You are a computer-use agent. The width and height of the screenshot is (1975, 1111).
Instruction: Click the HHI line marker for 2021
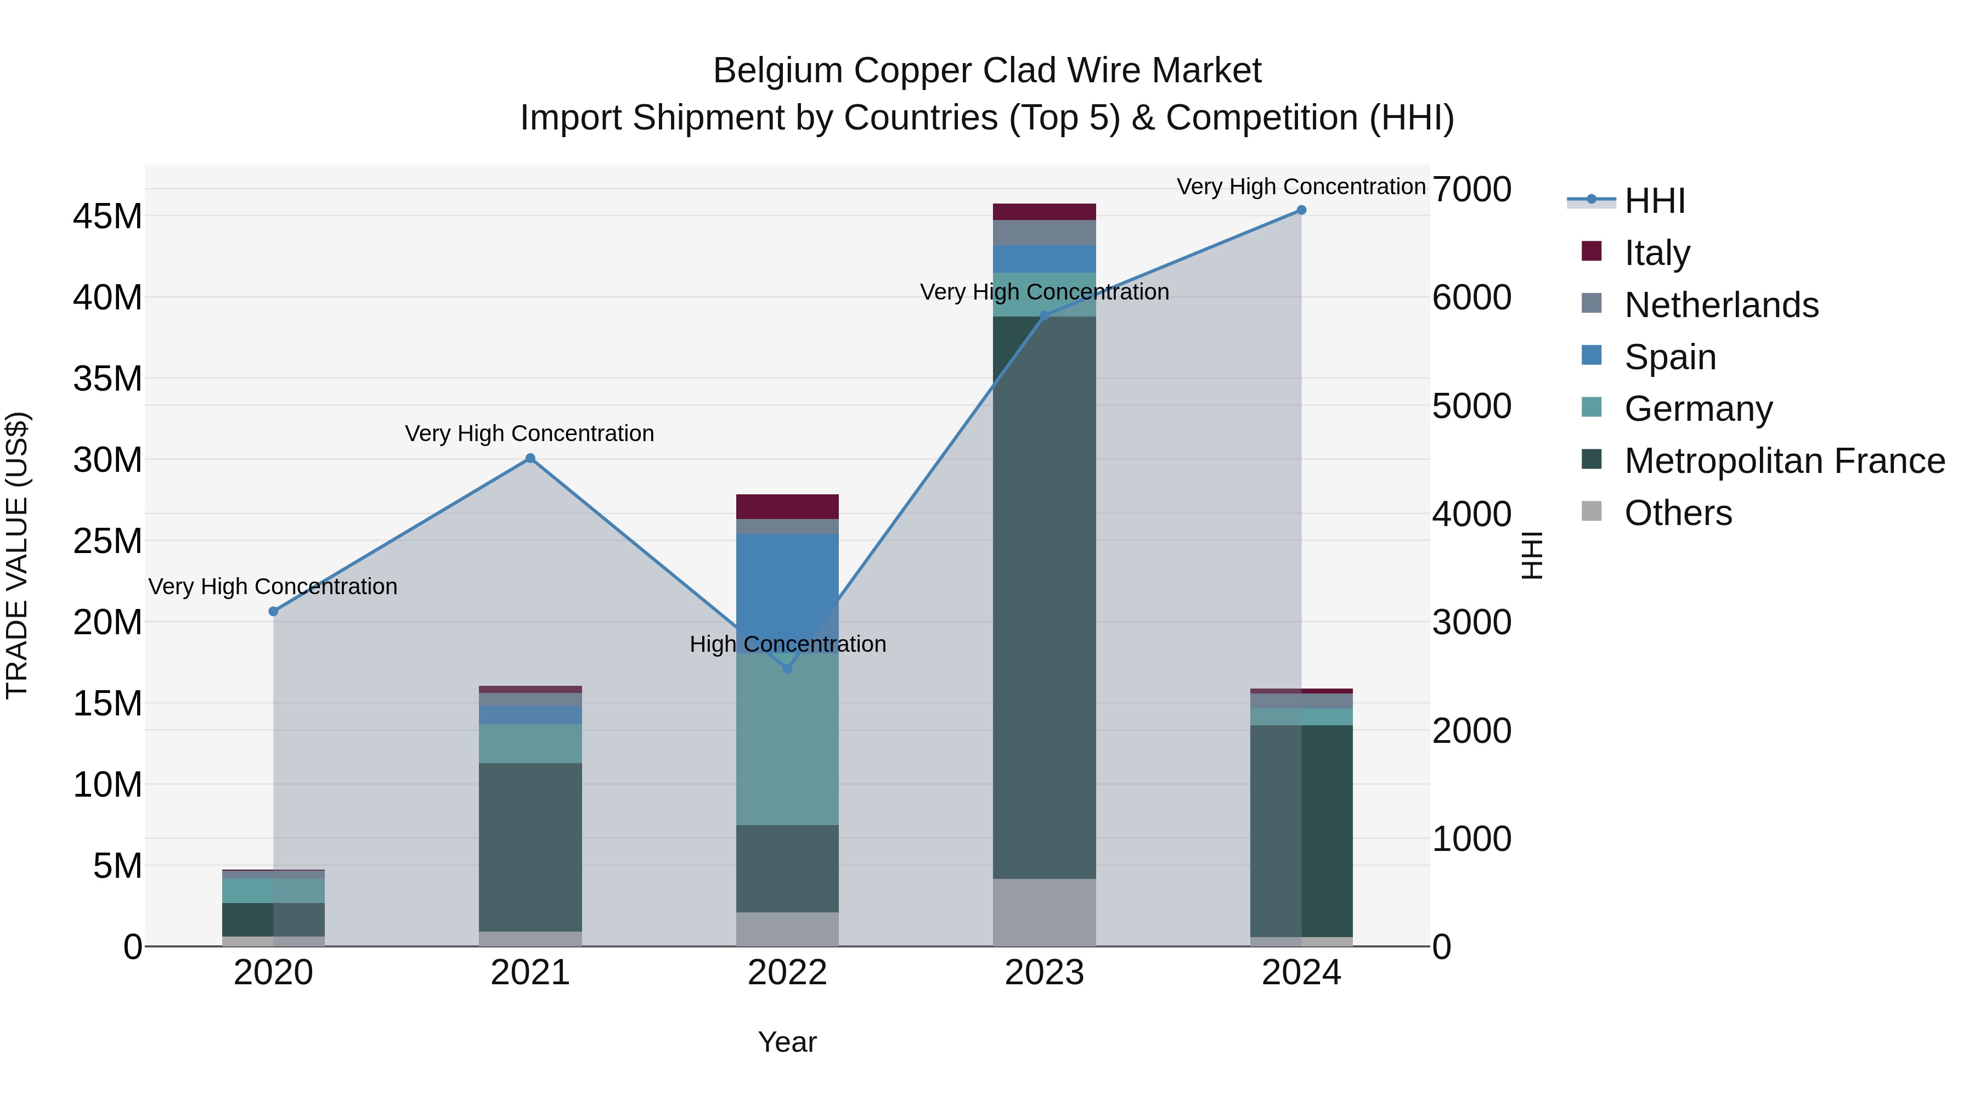(530, 459)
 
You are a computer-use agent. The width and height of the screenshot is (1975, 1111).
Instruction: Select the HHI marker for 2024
(1301, 210)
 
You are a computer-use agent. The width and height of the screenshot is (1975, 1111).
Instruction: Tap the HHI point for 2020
(273, 611)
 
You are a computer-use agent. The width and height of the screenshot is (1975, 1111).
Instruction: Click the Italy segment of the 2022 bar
(787, 507)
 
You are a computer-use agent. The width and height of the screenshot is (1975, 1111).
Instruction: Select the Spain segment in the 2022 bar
(787, 583)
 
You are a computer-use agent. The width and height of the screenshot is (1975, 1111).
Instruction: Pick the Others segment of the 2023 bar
(1044, 912)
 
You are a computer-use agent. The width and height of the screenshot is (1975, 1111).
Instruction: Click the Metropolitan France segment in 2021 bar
(530, 847)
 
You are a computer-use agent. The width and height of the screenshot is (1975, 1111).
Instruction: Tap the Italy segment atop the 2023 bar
(1044, 212)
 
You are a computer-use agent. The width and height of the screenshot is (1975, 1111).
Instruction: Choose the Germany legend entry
(1698, 409)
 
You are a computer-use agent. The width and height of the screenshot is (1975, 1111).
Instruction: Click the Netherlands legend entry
(1721, 305)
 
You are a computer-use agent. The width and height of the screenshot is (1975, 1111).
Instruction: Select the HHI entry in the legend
(1655, 201)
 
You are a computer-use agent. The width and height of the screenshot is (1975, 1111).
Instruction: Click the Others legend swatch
(1592, 511)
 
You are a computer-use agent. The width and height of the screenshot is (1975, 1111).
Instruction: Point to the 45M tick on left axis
(108, 217)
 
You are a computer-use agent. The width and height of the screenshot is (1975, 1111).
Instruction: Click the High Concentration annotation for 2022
(787, 644)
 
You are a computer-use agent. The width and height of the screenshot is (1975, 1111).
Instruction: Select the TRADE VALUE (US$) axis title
(17, 555)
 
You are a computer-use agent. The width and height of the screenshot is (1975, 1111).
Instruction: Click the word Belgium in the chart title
(777, 71)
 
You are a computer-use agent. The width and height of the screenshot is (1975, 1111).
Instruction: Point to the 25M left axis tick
(108, 542)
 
